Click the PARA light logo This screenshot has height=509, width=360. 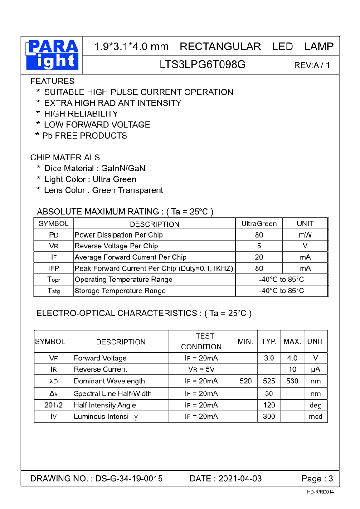(53, 55)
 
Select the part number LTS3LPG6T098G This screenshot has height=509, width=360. (202, 64)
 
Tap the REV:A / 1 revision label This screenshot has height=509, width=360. (312, 65)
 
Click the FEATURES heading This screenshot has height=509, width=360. (52, 82)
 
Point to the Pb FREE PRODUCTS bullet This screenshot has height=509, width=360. (81, 136)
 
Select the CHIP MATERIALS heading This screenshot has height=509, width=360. (65, 158)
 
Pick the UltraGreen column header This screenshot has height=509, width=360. (259, 223)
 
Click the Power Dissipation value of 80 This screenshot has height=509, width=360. (259, 235)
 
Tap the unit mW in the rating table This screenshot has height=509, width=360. (305, 235)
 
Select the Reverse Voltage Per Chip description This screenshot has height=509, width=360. (116, 246)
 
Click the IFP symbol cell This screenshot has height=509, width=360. (54, 268)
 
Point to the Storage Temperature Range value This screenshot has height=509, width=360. (281, 291)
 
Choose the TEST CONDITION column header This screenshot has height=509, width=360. (202, 341)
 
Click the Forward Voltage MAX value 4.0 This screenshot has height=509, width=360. (292, 358)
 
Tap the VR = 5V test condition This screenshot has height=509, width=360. (201, 369)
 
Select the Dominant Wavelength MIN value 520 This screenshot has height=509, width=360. (245, 381)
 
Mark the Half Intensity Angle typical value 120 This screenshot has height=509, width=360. (269, 405)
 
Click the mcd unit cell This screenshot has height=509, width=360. (315, 417)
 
